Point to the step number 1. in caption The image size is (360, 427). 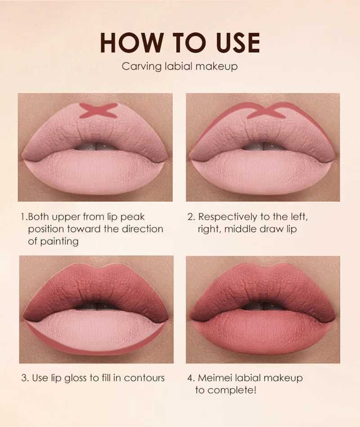24,217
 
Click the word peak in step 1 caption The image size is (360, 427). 133,217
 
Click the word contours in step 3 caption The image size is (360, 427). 144,377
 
